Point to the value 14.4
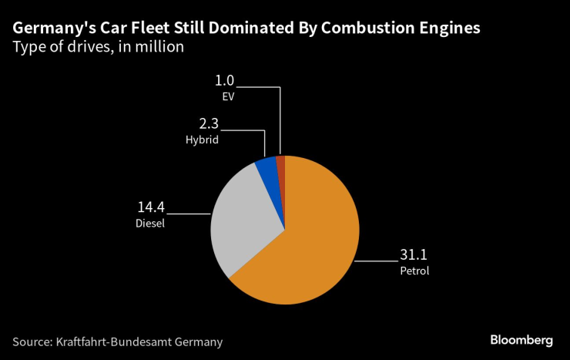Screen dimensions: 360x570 coord(150,208)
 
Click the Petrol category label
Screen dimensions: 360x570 coord(414,271)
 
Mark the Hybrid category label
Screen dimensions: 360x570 coord(202,140)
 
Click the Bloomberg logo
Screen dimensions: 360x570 coord(521,340)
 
